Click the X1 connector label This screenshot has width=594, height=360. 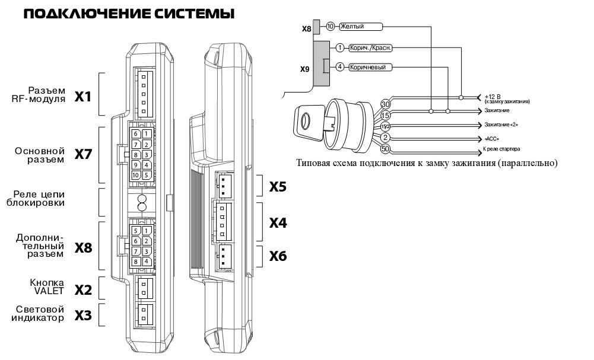click(83, 95)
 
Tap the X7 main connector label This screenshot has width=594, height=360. click(83, 155)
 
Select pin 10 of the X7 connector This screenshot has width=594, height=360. click(136, 174)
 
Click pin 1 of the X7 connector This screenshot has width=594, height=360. click(146, 134)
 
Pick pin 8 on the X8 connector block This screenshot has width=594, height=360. click(136, 261)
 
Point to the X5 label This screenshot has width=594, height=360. click(278, 187)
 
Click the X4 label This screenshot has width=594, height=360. click(278, 223)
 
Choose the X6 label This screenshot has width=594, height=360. click(278, 256)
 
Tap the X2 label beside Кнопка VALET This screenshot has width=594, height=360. click(83, 290)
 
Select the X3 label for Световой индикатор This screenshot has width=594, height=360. click(83, 316)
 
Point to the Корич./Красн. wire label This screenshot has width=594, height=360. click(371, 48)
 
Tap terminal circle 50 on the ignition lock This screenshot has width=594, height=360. click(385, 148)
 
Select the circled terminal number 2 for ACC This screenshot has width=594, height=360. click(385, 138)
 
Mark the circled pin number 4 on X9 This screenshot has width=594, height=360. click(340, 67)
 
